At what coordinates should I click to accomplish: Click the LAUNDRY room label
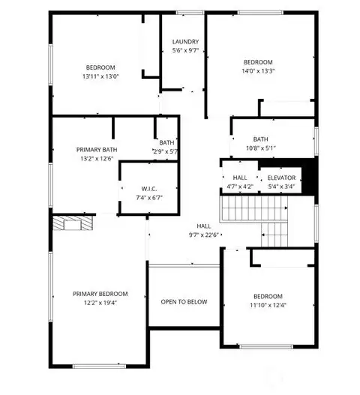[184, 42]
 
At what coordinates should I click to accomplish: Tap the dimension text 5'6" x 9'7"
[184, 51]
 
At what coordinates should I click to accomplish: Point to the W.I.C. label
[149, 189]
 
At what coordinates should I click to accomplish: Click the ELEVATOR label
[281, 178]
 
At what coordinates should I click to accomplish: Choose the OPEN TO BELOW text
[184, 302]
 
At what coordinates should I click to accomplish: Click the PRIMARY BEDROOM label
[100, 293]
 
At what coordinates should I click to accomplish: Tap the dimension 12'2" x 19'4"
[100, 303]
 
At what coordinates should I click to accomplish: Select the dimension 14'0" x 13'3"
[258, 71]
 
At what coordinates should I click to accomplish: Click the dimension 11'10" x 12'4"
[268, 304]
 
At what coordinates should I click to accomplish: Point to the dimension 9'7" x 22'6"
[204, 234]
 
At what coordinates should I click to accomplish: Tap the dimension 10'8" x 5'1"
[260, 148]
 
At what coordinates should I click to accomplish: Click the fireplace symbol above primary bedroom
[73, 223]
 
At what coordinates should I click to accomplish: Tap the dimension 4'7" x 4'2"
[240, 187]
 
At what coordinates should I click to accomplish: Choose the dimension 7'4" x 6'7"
[149, 198]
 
